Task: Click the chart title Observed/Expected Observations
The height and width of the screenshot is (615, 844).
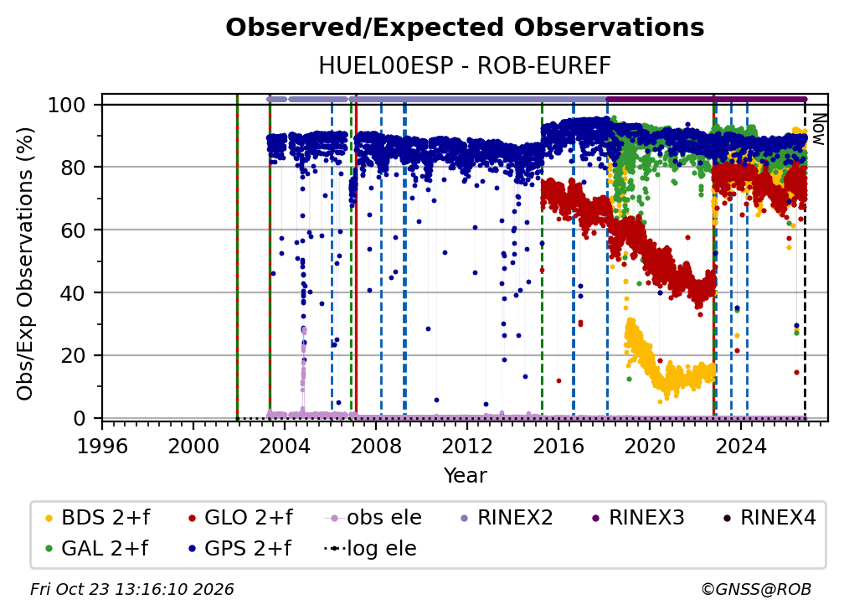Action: [465, 28]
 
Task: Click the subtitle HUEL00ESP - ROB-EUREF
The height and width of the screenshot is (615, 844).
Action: [465, 65]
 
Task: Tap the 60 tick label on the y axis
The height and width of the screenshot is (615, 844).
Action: [73, 230]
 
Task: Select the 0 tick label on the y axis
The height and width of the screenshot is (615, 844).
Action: [80, 418]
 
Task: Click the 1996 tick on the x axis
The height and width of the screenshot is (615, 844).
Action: [102, 446]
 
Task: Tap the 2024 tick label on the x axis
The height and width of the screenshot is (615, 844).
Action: [740, 446]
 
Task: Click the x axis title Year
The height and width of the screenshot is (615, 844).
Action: [465, 475]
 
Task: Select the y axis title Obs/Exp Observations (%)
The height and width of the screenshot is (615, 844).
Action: [25, 263]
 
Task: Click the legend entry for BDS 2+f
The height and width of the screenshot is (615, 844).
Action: [98, 518]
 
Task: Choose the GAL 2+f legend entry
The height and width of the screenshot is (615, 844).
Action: [97, 549]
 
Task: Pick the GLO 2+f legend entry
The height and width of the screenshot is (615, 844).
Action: [240, 518]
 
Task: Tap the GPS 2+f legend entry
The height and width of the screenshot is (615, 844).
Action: [239, 549]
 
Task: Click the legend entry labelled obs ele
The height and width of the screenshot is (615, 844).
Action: [373, 518]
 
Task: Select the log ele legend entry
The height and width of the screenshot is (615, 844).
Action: [370, 549]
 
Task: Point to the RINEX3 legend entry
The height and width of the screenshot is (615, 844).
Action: [638, 518]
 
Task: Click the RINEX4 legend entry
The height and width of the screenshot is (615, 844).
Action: [769, 518]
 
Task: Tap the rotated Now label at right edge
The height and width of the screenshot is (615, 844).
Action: [818, 129]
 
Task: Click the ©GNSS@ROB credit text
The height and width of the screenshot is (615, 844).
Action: [756, 589]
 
